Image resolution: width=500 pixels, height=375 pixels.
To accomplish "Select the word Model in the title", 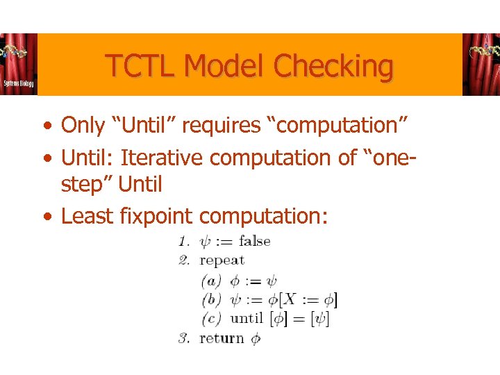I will click(x=226, y=67).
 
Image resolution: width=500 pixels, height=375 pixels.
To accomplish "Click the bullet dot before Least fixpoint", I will click(x=45, y=217).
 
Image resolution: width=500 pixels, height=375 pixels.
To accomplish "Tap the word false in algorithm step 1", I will click(x=254, y=242).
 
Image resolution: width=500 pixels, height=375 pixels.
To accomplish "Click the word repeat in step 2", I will click(x=222, y=260).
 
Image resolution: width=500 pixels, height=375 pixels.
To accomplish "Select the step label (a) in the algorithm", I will click(x=211, y=281).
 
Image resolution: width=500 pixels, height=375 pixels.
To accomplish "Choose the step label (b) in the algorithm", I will click(x=211, y=300).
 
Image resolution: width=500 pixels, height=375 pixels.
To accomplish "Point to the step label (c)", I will click(x=211, y=319).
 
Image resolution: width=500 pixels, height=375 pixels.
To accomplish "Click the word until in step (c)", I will click(x=246, y=319).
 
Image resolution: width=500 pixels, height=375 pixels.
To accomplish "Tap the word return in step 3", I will click(x=222, y=339).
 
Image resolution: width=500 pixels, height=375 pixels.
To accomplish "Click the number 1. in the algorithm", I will click(x=184, y=242).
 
